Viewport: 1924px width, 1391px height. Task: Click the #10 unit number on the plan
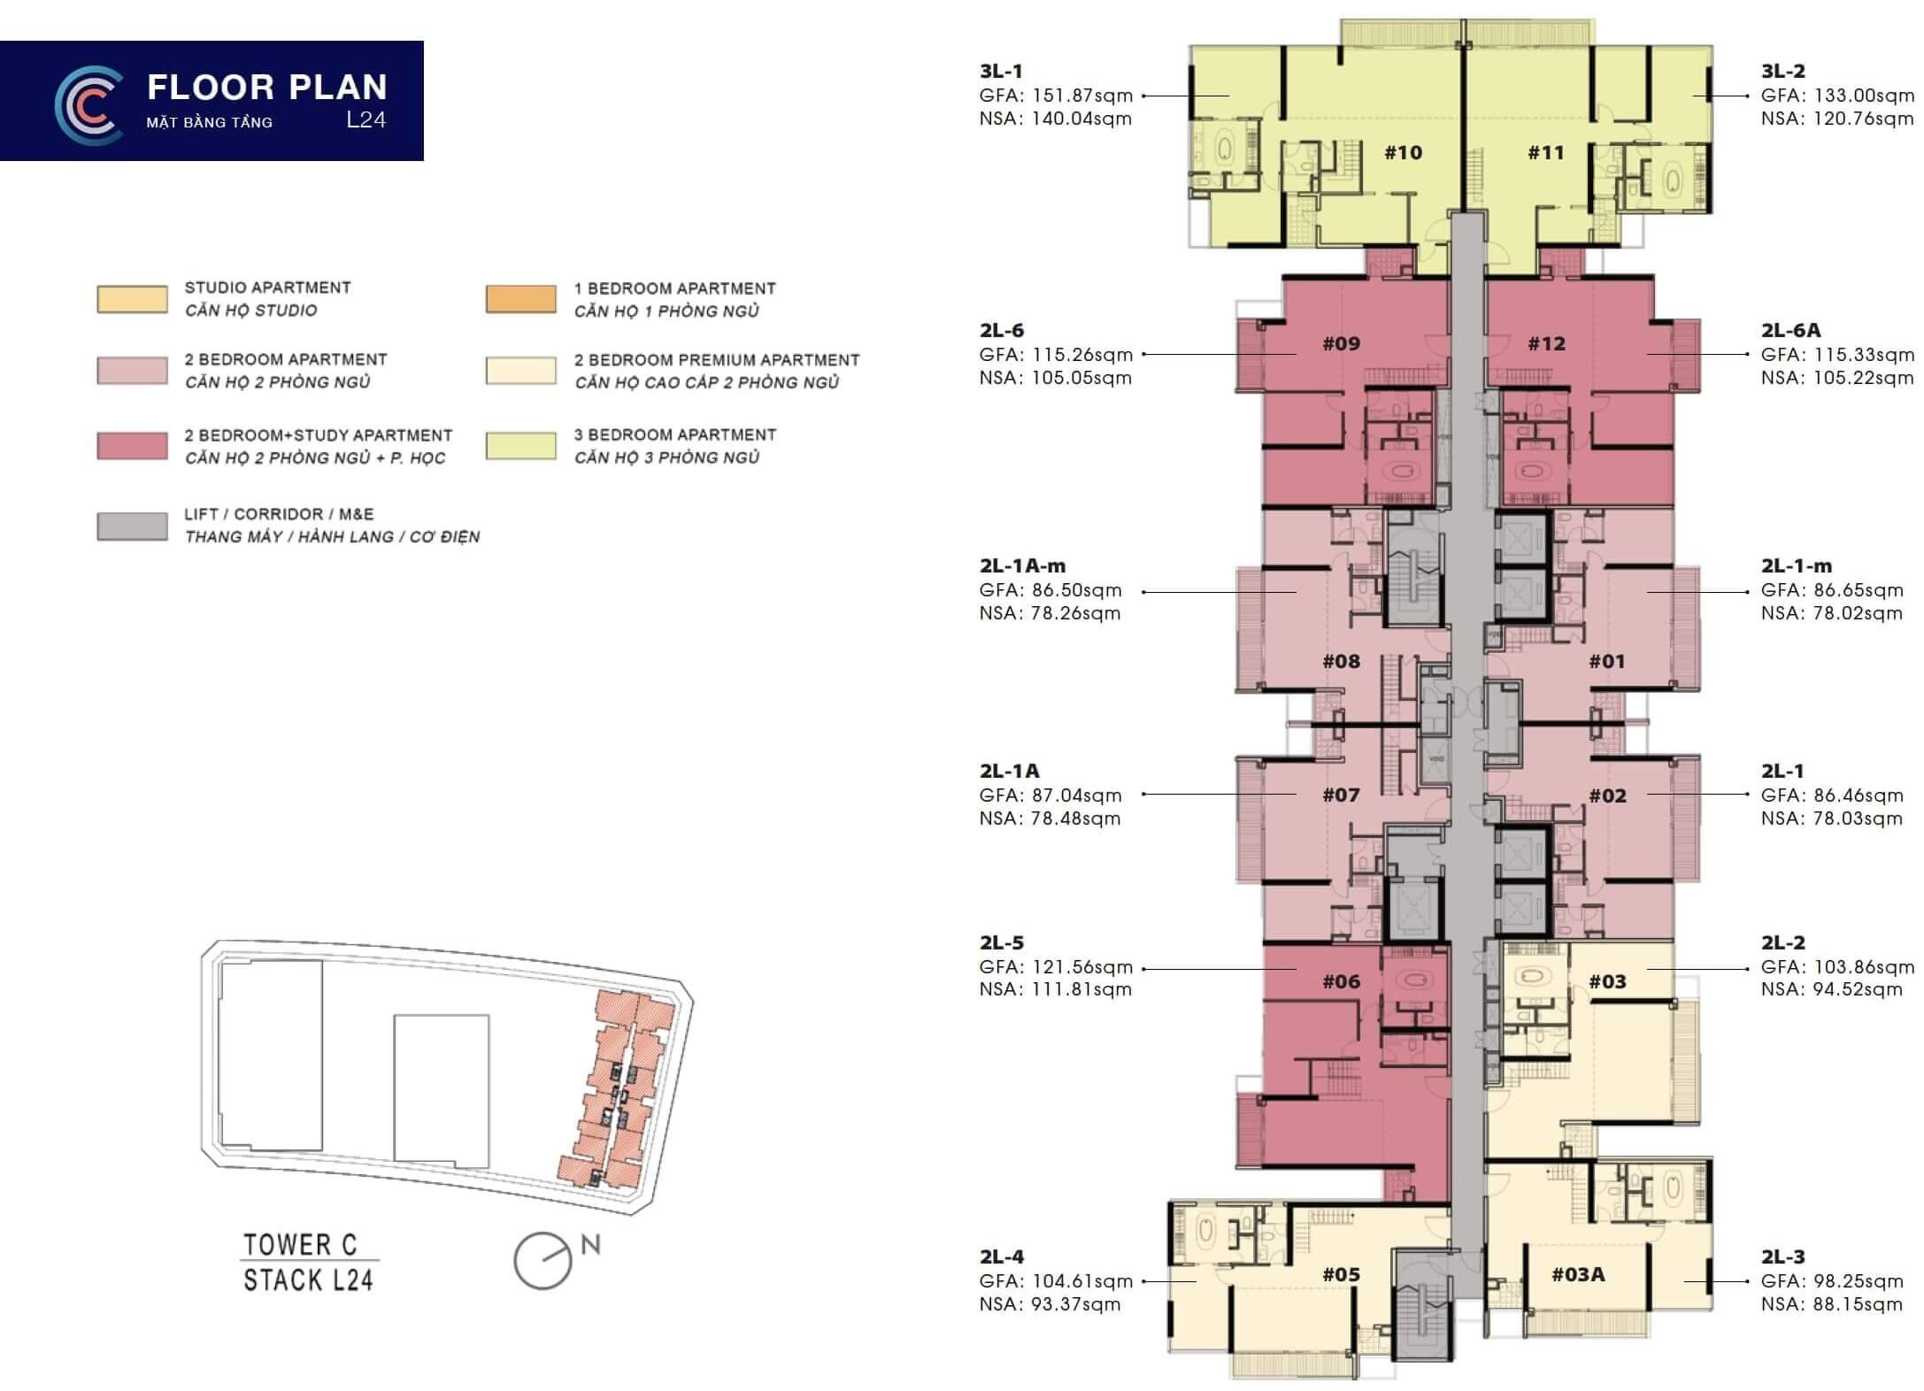point(1403,153)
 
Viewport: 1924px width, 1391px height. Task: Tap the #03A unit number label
point(1578,1274)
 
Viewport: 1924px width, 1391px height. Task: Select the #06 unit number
point(1341,981)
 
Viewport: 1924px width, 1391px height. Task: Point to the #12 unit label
point(1546,343)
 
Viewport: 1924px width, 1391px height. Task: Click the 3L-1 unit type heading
point(1001,72)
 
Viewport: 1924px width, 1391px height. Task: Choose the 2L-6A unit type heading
point(1790,330)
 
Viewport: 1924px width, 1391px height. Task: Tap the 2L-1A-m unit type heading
point(1022,565)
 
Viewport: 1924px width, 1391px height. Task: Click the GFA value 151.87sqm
point(1082,96)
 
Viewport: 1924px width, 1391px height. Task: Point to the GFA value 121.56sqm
point(1082,967)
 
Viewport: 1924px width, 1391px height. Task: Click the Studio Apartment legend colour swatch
point(132,299)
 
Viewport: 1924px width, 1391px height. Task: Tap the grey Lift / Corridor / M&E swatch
point(132,526)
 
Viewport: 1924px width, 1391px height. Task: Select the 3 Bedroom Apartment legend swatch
point(521,446)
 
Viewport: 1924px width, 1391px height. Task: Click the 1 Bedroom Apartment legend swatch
point(521,299)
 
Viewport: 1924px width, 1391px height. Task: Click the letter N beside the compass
point(590,1245)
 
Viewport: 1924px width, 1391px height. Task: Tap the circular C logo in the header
point(89,105)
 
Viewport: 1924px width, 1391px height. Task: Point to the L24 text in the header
point(366,120)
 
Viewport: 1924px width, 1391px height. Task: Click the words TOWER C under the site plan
point(301,1245)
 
